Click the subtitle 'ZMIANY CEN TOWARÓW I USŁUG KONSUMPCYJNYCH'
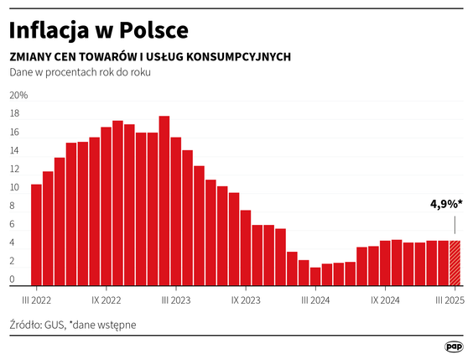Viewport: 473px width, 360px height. click(150, 56)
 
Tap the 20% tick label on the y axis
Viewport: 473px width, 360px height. click(18, 95)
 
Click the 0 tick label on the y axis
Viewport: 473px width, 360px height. click(13, 280)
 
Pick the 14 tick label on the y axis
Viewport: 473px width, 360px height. click(14, 151)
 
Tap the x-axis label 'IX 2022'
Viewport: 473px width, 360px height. click(107, 299)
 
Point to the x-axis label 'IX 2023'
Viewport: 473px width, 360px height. click(246, 299)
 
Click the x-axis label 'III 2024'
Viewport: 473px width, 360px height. click(315, 299)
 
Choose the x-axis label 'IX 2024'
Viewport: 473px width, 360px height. click(385, 299)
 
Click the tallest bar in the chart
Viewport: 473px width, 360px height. click(164, 201)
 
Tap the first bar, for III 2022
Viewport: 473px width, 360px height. click(36, 235)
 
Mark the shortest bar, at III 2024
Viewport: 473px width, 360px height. click(315, 276)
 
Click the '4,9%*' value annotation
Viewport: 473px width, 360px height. click(447, 204)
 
